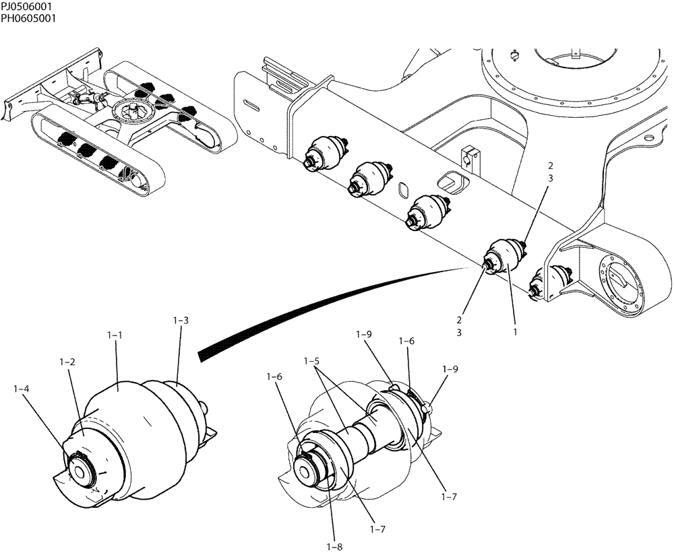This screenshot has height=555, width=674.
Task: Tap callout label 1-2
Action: [67, 362]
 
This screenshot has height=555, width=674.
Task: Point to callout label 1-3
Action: [180, 321]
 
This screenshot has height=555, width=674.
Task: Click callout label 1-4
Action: [22, 389]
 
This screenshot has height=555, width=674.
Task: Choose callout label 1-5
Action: [311, 362]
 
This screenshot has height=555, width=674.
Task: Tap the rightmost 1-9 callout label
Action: [450, 369]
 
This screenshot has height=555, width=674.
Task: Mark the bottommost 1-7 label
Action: [377, 529]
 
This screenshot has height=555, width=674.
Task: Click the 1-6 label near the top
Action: [406, 341]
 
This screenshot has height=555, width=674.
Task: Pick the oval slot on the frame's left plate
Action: [252, 105]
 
